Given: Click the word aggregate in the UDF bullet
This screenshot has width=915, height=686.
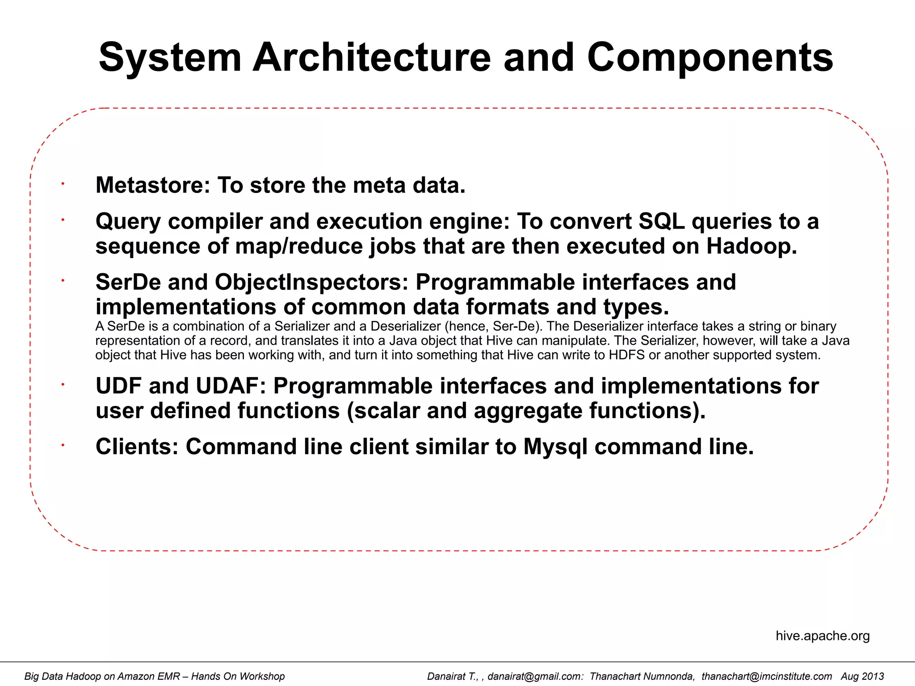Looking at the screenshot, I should (527, 411).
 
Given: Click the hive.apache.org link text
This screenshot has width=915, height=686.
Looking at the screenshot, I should (823, 636).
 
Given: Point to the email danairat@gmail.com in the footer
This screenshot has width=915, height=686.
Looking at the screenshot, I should (535, 676).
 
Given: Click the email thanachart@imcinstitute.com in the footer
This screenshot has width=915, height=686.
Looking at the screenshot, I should (767, 676).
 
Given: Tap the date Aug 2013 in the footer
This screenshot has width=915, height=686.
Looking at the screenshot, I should (862, 676).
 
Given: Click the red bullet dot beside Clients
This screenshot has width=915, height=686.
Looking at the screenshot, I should (63, 445).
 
